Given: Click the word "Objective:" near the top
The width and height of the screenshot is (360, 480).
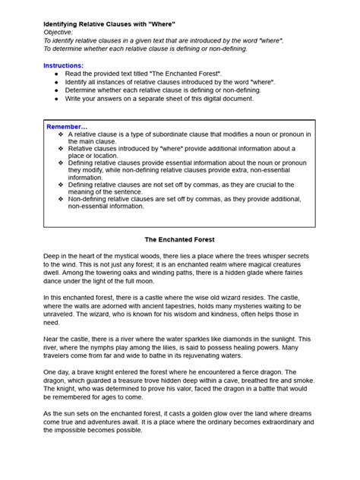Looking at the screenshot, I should pyautogui.click(x=58, y=33).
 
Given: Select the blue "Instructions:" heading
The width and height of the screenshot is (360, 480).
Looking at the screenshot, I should pyautogui.click(x=64, y=66).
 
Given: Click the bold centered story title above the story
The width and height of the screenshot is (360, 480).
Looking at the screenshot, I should pyautogui.click(x=179, y=239).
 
